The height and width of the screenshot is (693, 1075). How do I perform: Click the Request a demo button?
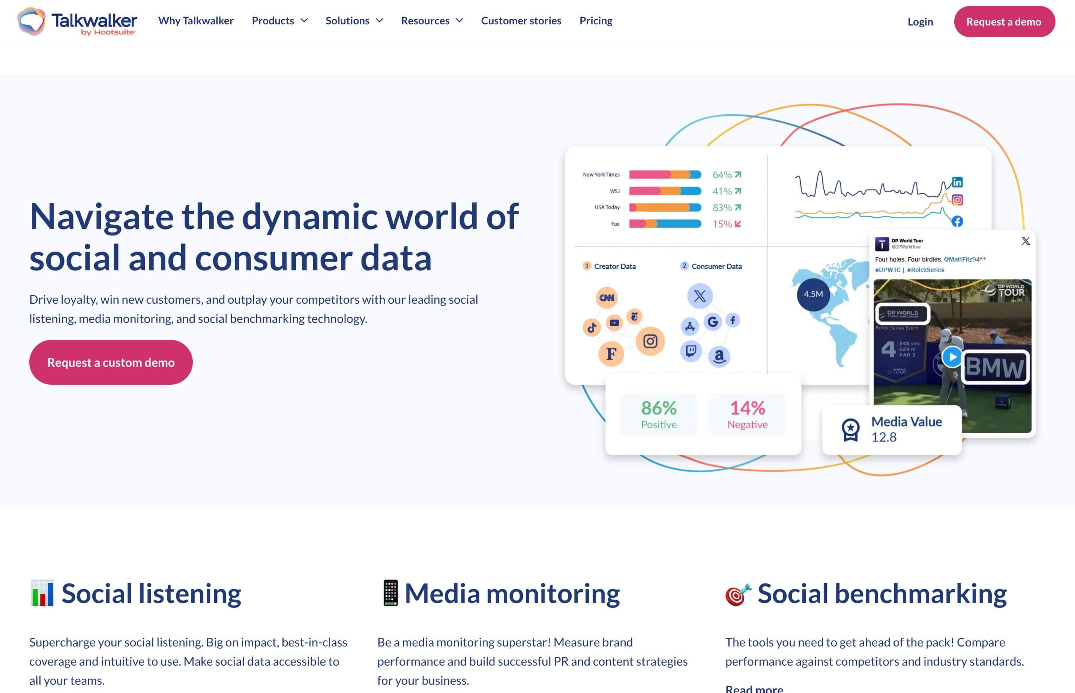(x=1004, y=22)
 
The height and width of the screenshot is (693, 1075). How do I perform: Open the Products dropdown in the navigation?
(x=279, y=21)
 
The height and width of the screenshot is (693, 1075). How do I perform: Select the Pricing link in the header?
(x=595, y=21)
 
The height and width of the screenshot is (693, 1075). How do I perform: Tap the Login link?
(x=920, y=22)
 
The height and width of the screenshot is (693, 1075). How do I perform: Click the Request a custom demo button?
(x=111, y=362)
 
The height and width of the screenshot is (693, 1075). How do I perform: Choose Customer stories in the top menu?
(x=521, y=21)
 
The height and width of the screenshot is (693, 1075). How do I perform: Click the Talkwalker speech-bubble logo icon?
(x=31, y=21)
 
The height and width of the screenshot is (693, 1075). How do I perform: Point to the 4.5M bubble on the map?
(x=813, y=294)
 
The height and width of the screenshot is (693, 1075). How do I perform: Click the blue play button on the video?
(x=951, y=357)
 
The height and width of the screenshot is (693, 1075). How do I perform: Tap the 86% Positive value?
(x=658, y=414)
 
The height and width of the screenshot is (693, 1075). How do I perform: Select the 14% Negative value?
(x=747, y=414)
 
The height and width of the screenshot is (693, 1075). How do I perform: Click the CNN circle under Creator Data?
(x=607, y=297)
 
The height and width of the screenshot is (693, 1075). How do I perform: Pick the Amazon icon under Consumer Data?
(x=719, y=356)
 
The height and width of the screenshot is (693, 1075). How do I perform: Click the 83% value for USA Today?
(x=722, y=207)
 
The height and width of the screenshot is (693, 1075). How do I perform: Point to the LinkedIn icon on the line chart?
(x=957, y=182)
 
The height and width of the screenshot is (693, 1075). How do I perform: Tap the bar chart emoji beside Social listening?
(x=42, y=593)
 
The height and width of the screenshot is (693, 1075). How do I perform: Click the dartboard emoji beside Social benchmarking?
(x=738, y=594)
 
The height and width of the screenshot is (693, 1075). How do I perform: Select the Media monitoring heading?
(x=512, y=594)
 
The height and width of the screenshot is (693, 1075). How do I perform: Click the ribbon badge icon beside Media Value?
(x=850, y=430)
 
